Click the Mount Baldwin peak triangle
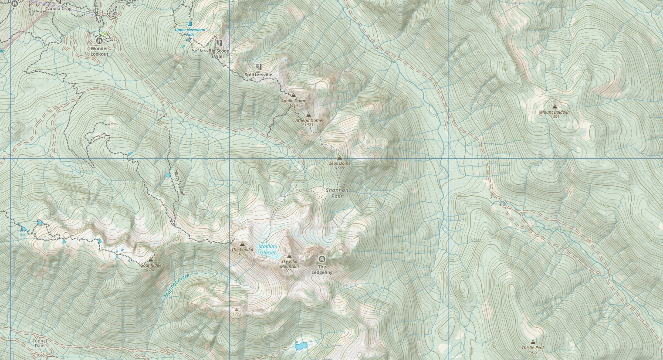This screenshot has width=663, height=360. [x=555, y=106]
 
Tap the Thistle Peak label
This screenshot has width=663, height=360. [x=533, y=348]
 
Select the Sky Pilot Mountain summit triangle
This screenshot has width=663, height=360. [x=289, y=256]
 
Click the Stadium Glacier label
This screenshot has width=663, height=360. [x=267, y=249]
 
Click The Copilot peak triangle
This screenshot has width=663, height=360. [x=243, y=244]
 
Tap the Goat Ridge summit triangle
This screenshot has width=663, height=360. [x=151, y=259]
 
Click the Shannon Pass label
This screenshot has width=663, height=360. [x=337, y=193]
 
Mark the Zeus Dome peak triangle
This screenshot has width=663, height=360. [x=340, y=158]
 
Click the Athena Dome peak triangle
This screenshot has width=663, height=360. [x=309, y=115]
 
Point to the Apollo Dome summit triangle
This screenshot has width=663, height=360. [x=293, y=95]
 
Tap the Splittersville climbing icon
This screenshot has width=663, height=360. [x=259, y=67]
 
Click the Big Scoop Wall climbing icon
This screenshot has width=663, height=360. [x=219, y=43]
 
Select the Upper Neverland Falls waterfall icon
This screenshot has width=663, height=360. [x=190, y=24]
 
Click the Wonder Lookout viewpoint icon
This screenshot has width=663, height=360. [x=99, y=41]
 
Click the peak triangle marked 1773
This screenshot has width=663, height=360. [x=237, y=310]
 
